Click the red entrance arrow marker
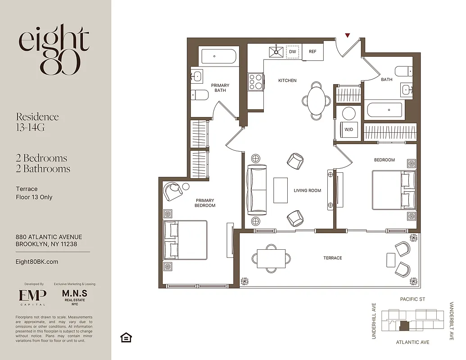347,35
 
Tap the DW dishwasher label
293,52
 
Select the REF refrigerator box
312,52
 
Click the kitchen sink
275,52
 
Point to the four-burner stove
255,82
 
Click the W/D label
348,129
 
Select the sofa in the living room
256,189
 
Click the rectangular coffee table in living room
281,190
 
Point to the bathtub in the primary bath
214,57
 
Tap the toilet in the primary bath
199,95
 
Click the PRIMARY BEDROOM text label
205,203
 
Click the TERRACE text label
332,258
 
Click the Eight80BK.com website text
36,261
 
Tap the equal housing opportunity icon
126,337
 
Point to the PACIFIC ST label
412,299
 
